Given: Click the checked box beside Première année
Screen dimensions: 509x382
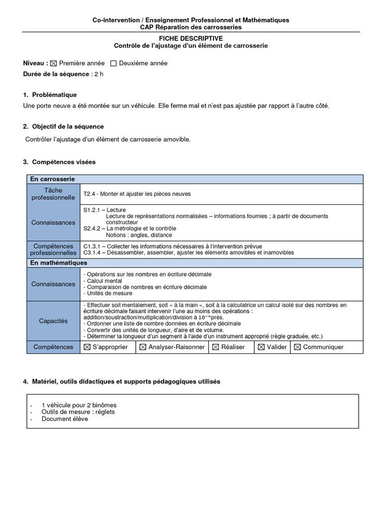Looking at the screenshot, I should (x=54, y=64).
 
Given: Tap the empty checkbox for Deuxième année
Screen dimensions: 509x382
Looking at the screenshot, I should (x=113, y=64).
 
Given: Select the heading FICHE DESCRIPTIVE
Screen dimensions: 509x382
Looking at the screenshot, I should (x=191, y=38).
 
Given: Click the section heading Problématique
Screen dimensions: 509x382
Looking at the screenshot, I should (x=54, y=94).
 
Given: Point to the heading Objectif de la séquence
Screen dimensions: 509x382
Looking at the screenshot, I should (x=68, y=127).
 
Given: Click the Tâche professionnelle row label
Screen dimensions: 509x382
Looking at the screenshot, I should (x=53, y=194).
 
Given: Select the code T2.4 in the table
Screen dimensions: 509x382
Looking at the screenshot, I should (x=90, y=194).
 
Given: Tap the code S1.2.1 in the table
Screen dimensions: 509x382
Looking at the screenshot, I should (x=93, y=210).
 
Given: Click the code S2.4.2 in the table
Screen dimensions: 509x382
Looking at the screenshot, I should (x=93, y=229).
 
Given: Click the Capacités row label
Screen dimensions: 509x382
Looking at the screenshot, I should (x=53, y=321).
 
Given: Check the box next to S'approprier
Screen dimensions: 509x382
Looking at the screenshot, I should (x=87, y=347).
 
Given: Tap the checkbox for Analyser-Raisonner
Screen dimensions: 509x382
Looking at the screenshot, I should (x=143, y=347).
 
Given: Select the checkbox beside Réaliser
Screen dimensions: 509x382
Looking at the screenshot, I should (x=216, y=347).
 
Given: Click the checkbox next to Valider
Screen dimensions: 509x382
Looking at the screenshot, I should (x=261, y=347).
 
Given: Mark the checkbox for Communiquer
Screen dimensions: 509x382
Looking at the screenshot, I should (x=297, y=347).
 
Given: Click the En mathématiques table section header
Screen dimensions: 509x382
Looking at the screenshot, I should (x=59, y=262).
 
